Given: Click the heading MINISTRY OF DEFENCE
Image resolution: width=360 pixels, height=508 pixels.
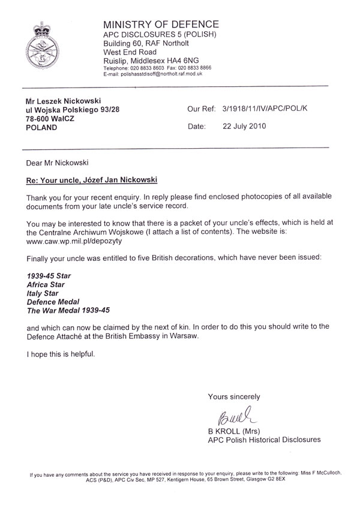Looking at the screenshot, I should point(161,25).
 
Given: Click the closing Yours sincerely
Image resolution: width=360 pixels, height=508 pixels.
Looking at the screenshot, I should point(233,396).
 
